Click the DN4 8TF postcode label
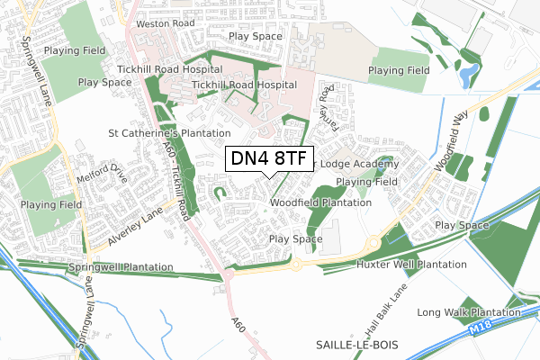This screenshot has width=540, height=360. coord(269,158)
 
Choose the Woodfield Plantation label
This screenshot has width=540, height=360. coord(320,203)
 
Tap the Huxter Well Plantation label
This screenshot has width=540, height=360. coord(411,265)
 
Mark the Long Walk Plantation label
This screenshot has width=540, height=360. coord(469,312)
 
